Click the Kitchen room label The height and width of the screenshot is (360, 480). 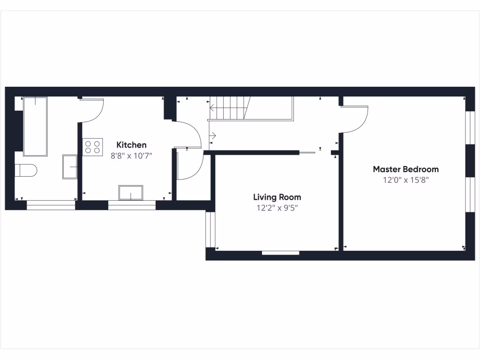coord(131,145)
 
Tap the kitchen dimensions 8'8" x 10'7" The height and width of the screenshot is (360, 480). coord(131,156)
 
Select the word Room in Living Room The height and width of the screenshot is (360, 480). coord(291,197)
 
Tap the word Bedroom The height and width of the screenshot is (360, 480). coord(420,169)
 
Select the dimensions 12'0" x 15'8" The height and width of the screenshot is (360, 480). coord(405,180)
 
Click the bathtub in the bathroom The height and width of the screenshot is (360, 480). coord(35,127)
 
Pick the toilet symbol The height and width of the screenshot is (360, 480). coord(26,170)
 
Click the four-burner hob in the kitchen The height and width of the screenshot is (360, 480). coord(92,147)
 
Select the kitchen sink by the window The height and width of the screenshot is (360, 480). coord(131,193)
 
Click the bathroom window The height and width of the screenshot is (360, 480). coord(51,205)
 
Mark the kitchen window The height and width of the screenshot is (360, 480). coord(131,205)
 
